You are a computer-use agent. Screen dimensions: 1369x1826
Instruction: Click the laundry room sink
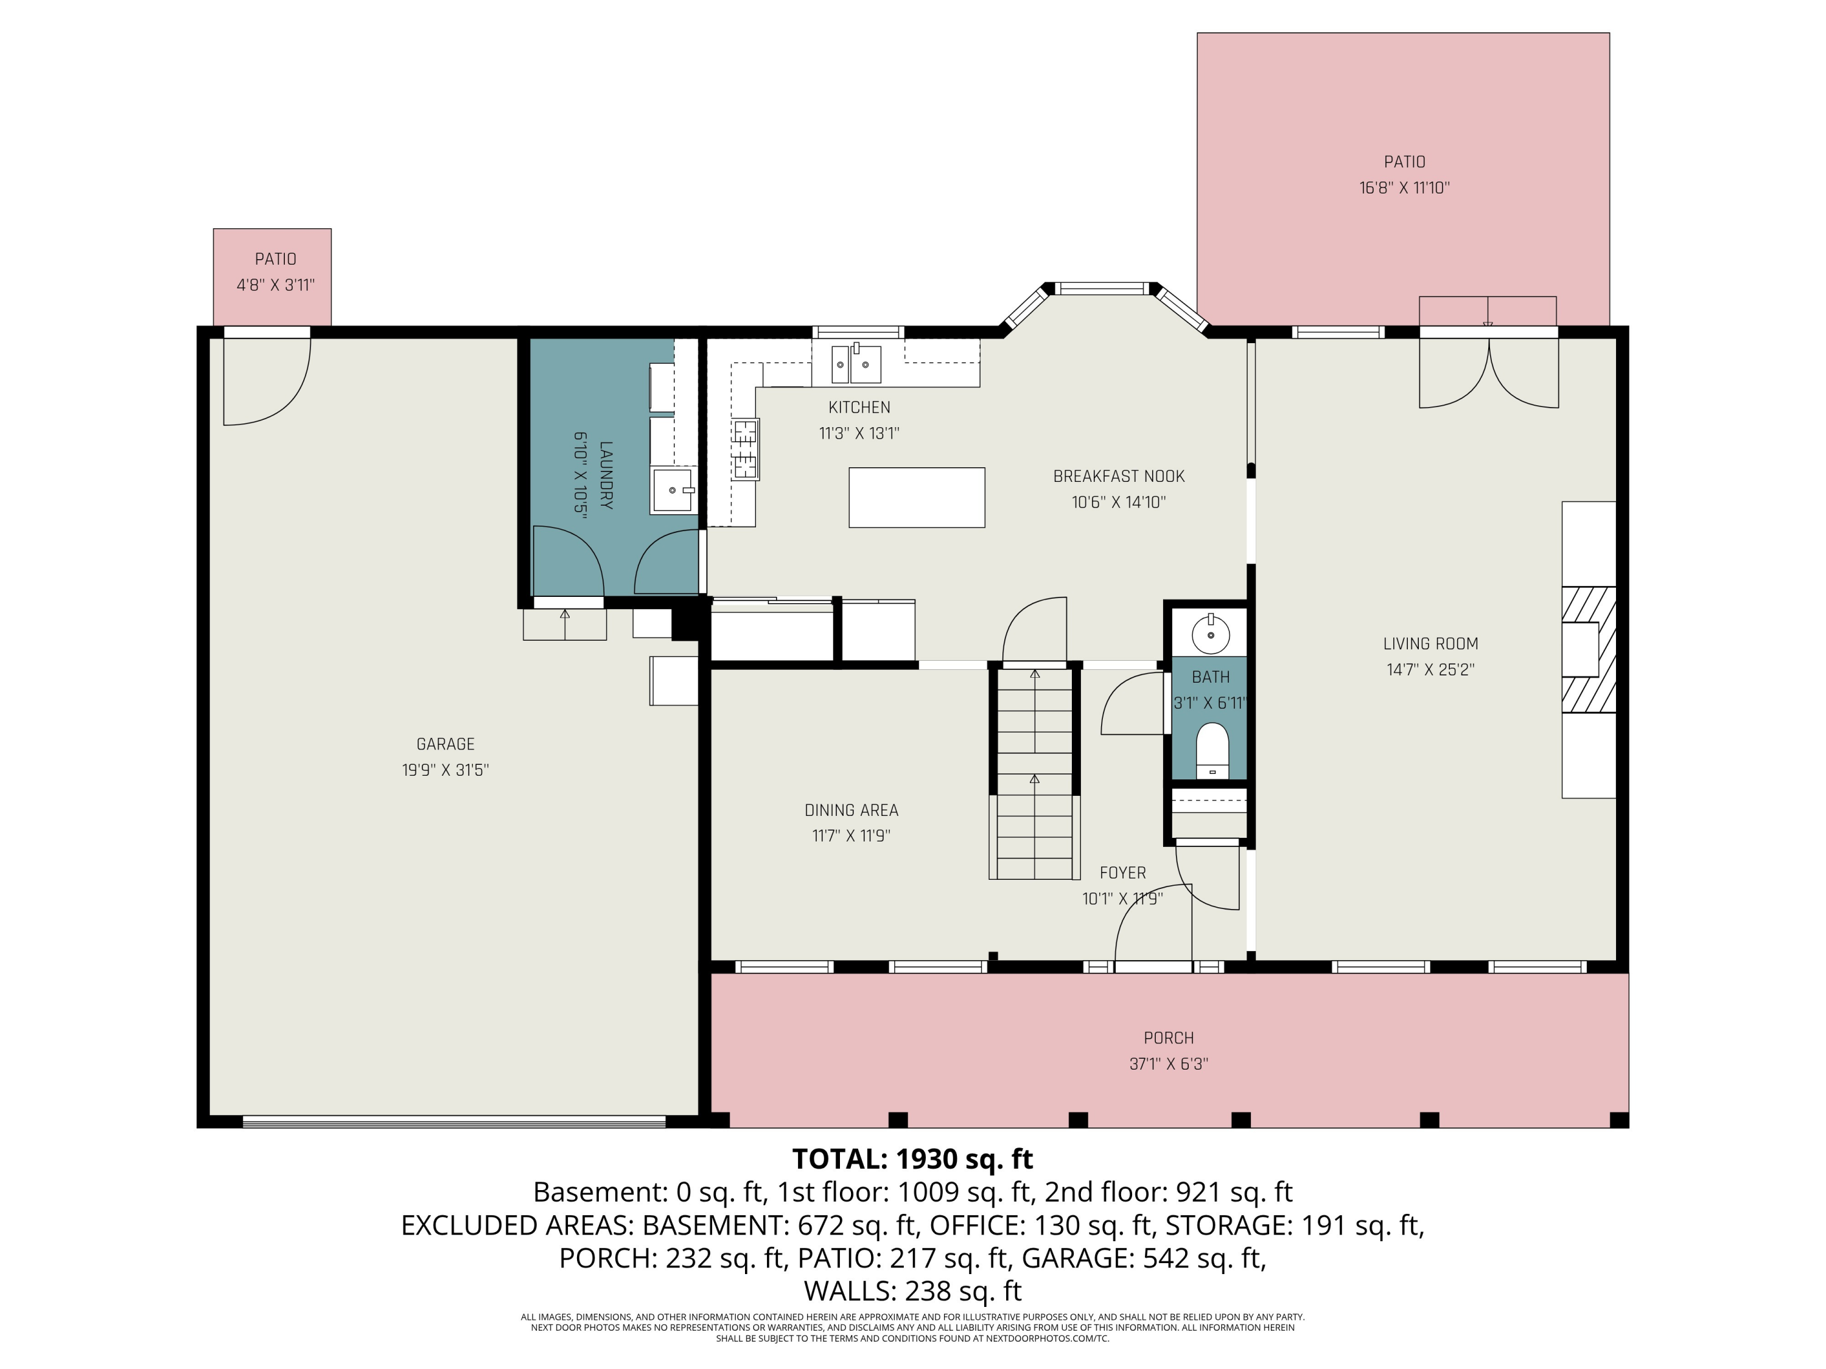coord(673,490)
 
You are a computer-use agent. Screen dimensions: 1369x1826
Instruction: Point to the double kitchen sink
coord(855,364)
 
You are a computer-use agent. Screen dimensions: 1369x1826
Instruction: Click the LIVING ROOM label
coord(1430,644)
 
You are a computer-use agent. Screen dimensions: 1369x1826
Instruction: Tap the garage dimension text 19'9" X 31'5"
coord(445,770)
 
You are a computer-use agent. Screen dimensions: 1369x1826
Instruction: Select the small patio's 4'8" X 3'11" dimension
coord(276,285)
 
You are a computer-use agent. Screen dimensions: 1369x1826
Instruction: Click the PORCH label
coord(1168,1037)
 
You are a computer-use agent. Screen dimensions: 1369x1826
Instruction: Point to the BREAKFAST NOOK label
coord(1119,476)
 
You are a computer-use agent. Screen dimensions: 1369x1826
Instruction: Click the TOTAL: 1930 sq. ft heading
coord(912,1158)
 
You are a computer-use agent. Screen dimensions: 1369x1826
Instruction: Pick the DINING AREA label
coord(851,810)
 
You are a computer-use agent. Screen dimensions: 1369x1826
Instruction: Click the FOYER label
coord(1122,873)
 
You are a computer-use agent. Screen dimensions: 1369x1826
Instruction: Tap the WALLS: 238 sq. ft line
coord(912,1290)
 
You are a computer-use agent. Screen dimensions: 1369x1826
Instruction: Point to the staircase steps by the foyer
coord(1034,772)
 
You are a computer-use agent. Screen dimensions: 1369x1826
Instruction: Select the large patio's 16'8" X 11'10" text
coord(1404,187)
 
